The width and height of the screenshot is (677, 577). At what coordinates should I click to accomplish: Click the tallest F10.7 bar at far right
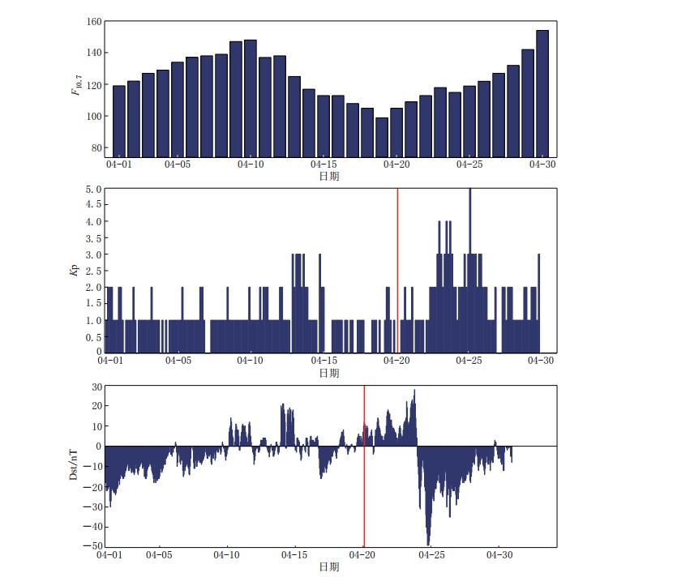[542, 93]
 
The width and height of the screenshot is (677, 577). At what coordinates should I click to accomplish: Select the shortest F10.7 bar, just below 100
[382, 137]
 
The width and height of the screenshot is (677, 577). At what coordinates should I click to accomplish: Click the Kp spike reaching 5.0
[469, 194]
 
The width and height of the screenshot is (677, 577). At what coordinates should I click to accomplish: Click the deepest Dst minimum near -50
[428, 543]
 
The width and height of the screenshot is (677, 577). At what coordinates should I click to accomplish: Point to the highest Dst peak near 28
[414, 391]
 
